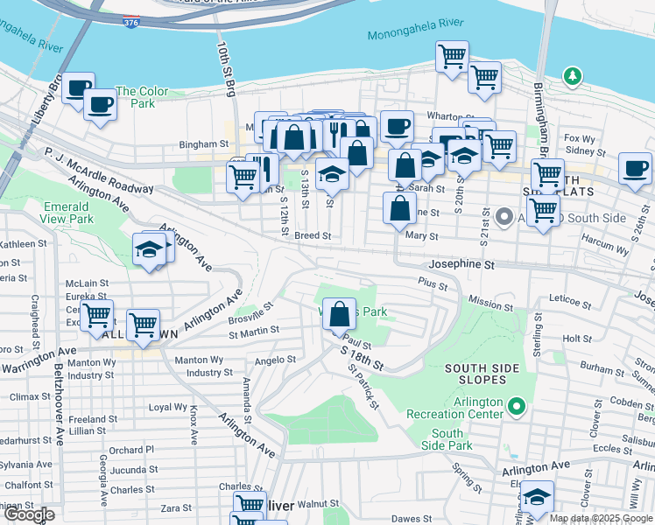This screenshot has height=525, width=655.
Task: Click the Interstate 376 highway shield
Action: click(x=130, y=21)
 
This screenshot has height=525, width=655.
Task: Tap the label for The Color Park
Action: click(x=135, y=97)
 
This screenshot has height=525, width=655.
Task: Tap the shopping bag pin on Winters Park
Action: click(x=340, y=314)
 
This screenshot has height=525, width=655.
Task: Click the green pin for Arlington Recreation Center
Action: click(x=517, y=406)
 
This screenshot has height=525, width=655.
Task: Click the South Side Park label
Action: click(x=447, y=439)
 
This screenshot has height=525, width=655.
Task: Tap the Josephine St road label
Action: click(x=461, y=263)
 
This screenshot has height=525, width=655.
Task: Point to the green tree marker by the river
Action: click(x=573, y=77)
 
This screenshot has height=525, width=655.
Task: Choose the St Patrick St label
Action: click(x=363, y=388)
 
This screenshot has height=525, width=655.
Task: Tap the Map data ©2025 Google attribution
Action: click(x=601, y=518)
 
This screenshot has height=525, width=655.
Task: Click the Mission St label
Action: click(x=490, y=303)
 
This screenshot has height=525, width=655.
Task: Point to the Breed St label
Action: click(x=312, y=235)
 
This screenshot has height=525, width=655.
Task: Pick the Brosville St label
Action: click(x=253, y=312)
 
